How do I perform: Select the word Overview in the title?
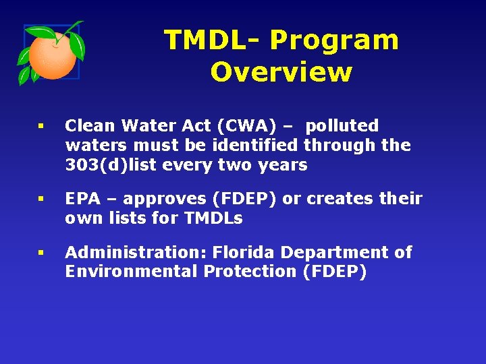(281, 72)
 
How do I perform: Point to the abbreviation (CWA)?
(257, 126)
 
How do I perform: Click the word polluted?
(342, 126)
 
